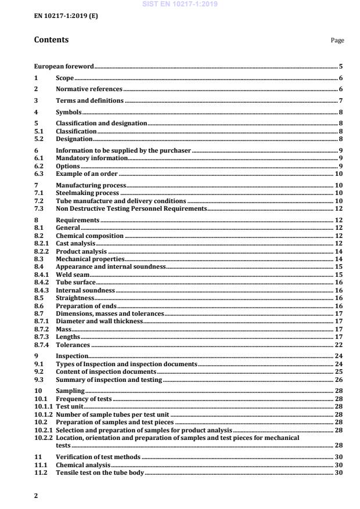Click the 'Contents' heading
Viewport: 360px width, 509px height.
pos(51,40)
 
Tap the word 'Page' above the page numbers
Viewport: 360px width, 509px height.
pos(337,41)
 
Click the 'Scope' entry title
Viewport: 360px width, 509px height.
pos(64,78)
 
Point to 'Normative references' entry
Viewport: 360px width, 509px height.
pos(89,89)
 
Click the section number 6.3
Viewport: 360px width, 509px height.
pos(39,174)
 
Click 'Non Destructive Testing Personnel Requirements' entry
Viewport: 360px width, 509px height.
pos(131,208)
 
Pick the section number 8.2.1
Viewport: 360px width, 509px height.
pos(42,244)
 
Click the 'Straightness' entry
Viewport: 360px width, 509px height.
pos(75,298)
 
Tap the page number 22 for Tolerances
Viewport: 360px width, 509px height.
pos(340,344)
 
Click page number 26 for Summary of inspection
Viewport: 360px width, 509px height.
pos(340,380)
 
